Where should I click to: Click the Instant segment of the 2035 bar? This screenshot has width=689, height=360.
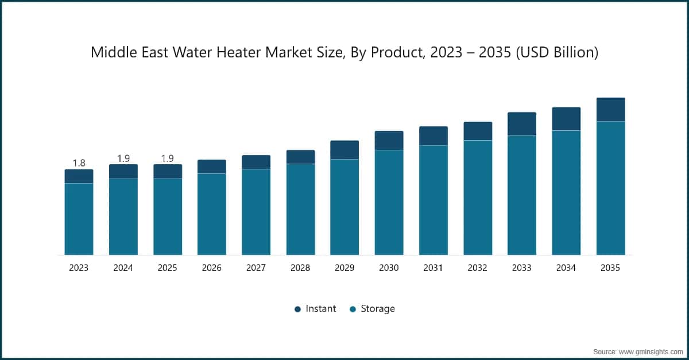610,109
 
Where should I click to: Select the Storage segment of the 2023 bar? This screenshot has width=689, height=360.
79,219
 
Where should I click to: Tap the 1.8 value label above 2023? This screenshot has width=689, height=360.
79,163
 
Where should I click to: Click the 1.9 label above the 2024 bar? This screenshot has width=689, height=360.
123,158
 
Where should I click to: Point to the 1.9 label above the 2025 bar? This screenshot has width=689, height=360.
167,158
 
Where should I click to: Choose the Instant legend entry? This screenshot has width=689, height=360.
315,309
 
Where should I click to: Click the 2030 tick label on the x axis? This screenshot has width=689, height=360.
389,268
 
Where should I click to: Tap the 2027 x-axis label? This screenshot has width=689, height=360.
256,268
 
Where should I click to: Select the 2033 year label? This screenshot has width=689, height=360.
522,268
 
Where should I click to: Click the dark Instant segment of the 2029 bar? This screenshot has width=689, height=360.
344,150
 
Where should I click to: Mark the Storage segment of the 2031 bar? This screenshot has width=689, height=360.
433,200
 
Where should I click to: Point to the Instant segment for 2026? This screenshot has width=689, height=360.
212,167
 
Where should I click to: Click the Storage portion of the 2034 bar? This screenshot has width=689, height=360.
566,192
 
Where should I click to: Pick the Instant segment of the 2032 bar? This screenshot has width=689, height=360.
478,131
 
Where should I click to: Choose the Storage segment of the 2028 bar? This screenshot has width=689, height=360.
300,209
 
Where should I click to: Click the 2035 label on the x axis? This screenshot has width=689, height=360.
610,268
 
